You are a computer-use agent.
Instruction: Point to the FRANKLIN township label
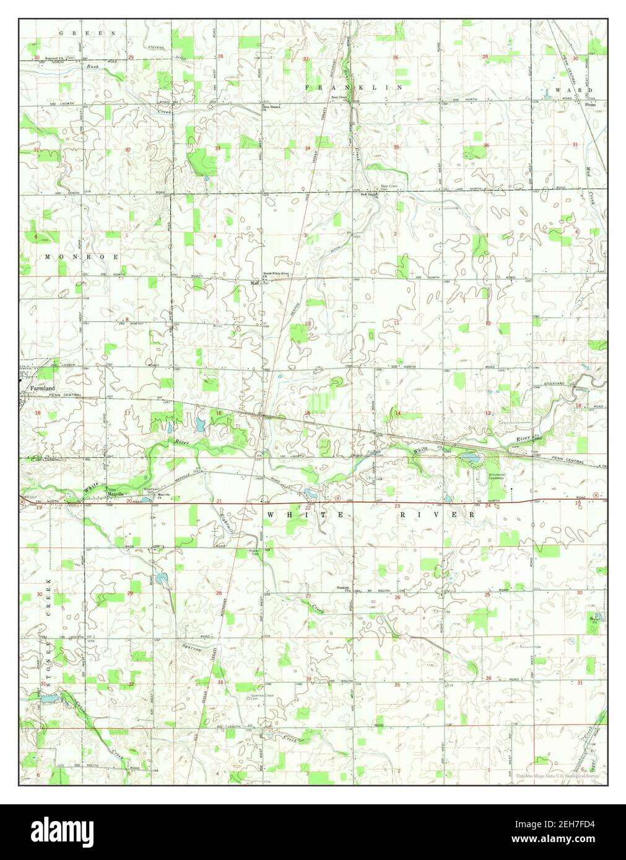[x=353, y=88]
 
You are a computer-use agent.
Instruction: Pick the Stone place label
[x=590, y=105]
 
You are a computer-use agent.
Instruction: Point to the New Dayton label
[x=369, y=194]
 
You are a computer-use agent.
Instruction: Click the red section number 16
[x=218, y=413]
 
